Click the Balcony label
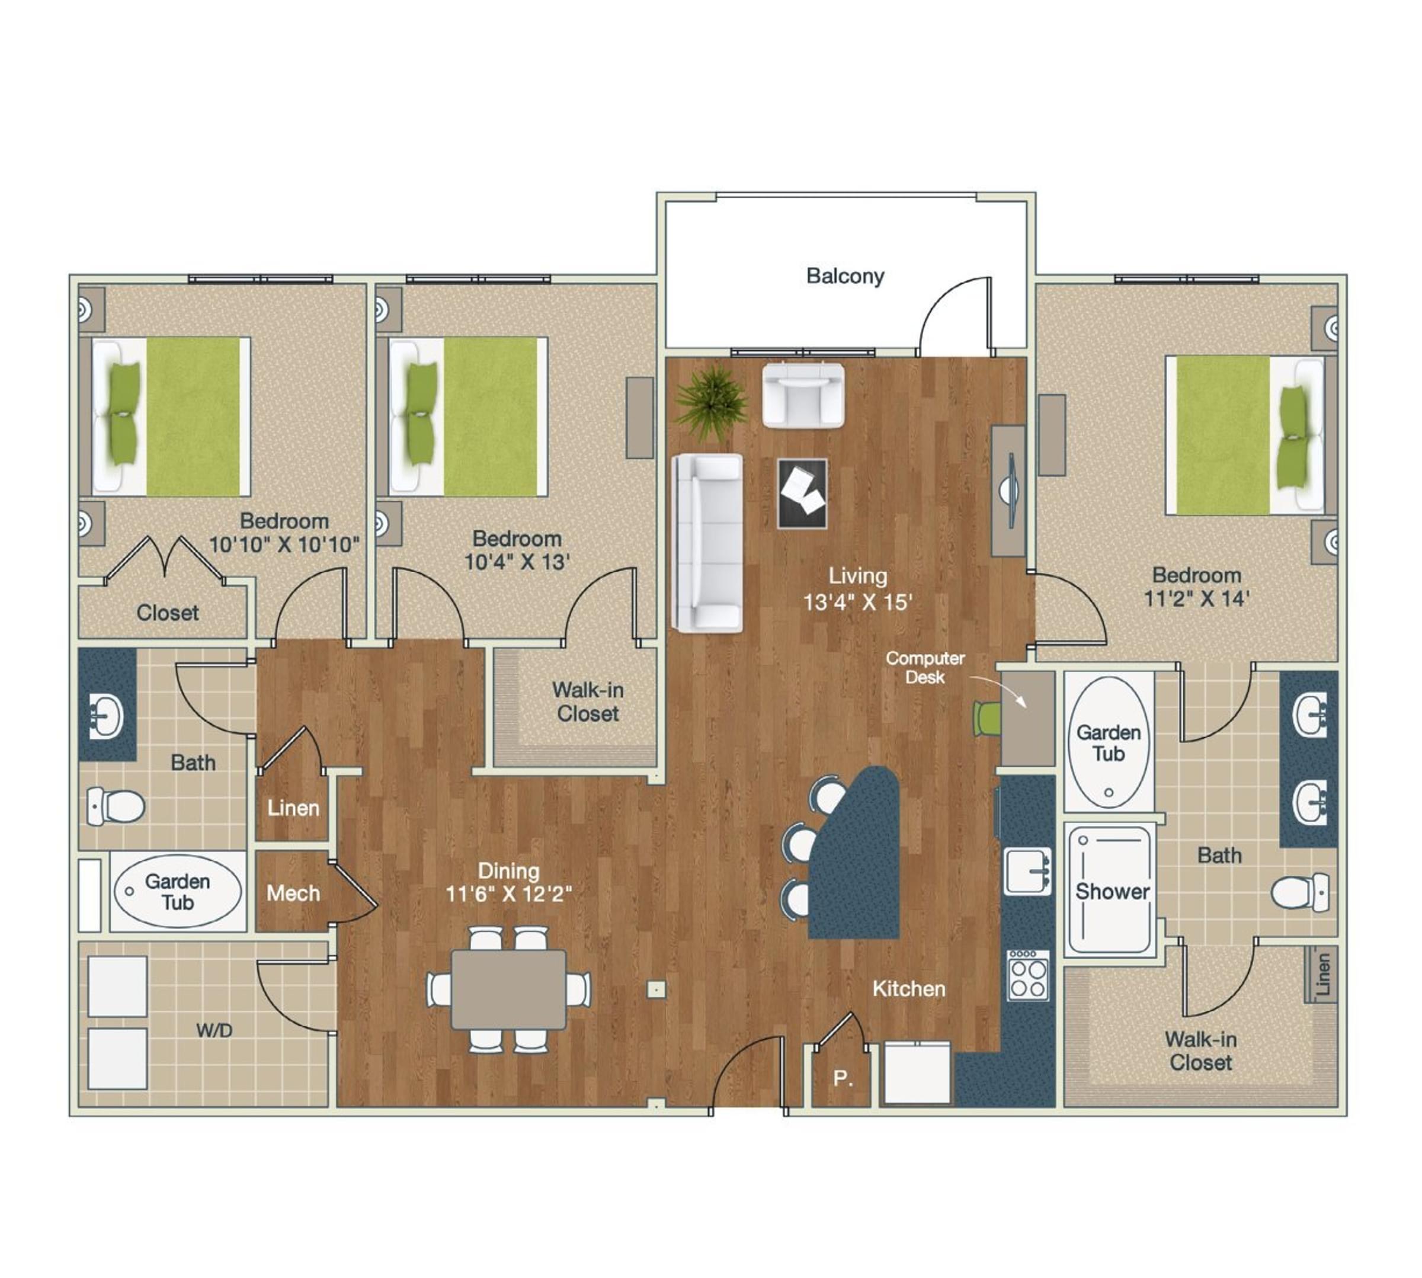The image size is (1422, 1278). pos(845,276)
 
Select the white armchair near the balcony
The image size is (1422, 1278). pos(803,395)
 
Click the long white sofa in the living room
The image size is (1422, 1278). pos(706,543)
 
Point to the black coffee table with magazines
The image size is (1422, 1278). pos(802,493)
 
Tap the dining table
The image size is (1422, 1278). pos(508,989)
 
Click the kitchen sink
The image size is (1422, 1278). pos(1027,871)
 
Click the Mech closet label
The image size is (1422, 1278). pos(293,893)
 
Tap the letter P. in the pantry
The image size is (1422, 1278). pos(843,1078)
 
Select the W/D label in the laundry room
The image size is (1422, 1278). pos(214,1030)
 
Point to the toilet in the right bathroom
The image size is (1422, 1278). pos(1301,892)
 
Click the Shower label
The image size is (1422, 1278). pos(1112,891)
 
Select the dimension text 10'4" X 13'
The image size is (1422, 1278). pos(517,562)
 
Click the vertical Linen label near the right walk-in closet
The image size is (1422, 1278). pos(1323,973)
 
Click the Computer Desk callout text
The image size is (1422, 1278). pos(925,667)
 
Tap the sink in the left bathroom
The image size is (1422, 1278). pos(107,716)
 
